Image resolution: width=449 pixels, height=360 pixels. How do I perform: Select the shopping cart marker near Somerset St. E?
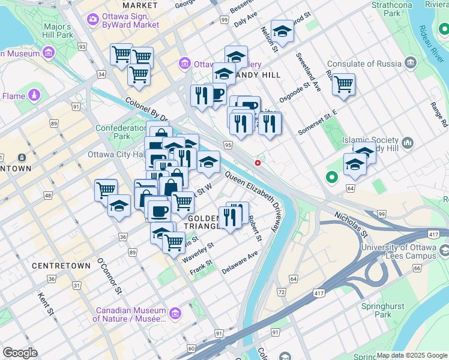pos(343,84)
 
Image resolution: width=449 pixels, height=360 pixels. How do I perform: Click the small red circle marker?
pos(258,163)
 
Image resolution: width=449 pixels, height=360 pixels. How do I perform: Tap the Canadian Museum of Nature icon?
pos(175,313)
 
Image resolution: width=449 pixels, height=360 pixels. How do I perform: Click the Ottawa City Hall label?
pos(116,154)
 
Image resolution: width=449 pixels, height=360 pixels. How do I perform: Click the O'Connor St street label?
pos(110,278)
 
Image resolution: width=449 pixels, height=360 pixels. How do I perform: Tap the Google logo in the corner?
pos(20,353)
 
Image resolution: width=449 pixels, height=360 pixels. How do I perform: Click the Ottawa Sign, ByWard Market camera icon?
pos(93,20)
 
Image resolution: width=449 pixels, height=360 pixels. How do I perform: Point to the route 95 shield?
pos(228,145)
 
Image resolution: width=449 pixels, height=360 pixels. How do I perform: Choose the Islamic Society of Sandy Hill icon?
pos(408,143)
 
